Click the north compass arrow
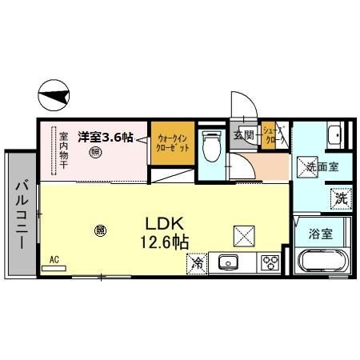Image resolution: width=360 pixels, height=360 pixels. pos(52,98)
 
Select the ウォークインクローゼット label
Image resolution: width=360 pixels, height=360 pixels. pos(173,143)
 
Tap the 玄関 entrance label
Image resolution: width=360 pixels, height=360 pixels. pos(243,135)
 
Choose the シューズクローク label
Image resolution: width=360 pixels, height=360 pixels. pos(273,136)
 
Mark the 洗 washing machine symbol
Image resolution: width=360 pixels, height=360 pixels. pos(341,197)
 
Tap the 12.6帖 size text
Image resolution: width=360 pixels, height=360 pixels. pos(166,242)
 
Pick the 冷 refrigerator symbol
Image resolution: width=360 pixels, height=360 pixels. pos(196,262)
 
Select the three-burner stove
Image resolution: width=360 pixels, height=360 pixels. pos(269,262)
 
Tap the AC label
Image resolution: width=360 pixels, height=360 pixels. pos(54,260)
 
